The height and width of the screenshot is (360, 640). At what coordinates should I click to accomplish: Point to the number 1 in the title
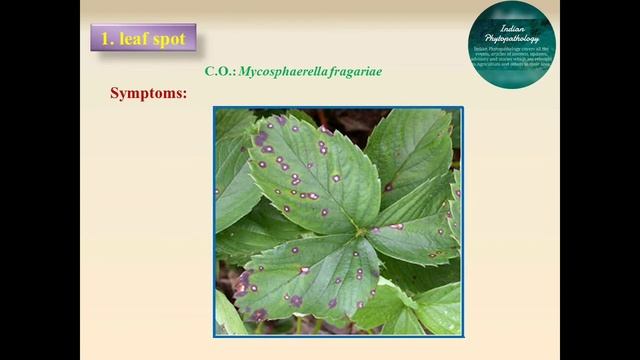pyautogui.click(x=106, y=40)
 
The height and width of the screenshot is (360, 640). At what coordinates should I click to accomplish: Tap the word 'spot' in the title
pyautogui.click(x=168, y=40)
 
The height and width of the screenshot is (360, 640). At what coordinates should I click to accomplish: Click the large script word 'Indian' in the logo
pyautogui.click(x=512, y=22)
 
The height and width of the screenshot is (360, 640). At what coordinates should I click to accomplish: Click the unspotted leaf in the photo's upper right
pyautogui.click(x=410, y=150)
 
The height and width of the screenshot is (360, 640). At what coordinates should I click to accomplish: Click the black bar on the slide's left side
pyautogui.click(x=40, y=180)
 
